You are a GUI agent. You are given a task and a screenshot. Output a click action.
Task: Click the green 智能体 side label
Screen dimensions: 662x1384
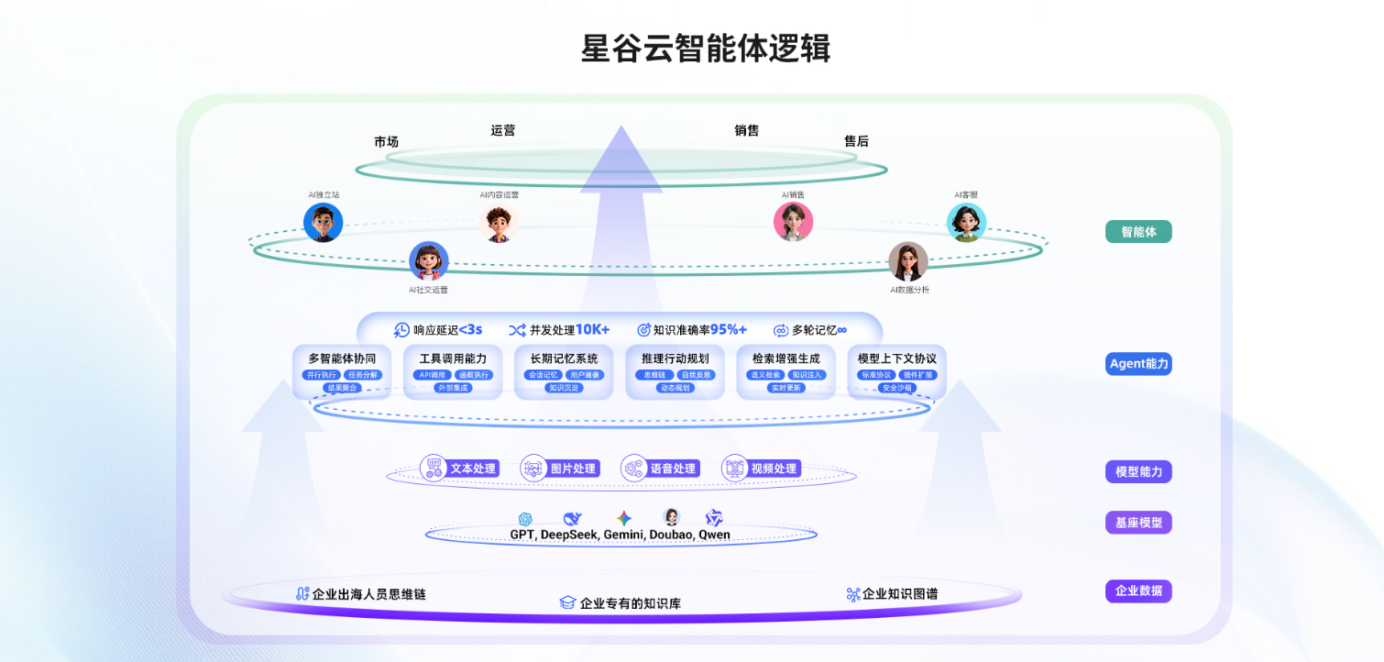click(1138, 232)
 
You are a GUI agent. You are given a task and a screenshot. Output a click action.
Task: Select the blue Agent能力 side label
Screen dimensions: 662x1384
click(1138, 364)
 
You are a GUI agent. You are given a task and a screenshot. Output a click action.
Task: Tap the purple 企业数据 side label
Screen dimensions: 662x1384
click(1138, 591)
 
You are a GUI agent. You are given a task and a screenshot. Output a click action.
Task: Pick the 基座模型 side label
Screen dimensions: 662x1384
click(1138, 524)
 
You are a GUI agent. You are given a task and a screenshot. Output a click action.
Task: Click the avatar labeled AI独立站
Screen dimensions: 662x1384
click(324, 222)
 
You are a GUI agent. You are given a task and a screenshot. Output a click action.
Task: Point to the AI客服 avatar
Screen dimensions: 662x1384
click(966, 222)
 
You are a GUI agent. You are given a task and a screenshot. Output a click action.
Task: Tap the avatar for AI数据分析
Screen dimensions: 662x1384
click(908, 261)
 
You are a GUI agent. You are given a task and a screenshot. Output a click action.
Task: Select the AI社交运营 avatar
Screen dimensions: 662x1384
click(429, 261)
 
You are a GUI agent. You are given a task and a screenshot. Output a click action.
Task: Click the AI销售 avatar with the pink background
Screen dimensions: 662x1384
click(793, 222)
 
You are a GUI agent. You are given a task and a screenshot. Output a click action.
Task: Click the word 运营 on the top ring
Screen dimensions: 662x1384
click(503, 130)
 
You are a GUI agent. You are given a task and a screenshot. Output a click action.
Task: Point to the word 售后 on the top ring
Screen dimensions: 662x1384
click(856, 141)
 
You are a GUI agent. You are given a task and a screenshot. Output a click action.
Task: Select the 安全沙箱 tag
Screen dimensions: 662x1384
click(897, 388)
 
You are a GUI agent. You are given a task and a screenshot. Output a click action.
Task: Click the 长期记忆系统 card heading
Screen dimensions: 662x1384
click(564, 359)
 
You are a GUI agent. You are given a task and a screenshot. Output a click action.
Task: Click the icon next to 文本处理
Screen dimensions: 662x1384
click(434, 469)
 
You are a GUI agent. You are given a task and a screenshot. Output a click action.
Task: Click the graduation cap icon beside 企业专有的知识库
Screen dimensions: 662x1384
click(567, 603)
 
